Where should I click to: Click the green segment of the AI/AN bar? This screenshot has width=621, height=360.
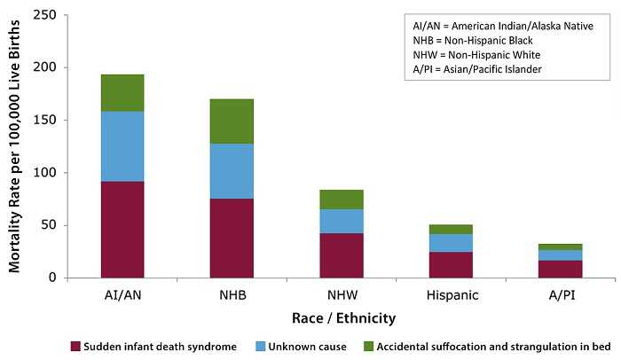[x=122, y=93]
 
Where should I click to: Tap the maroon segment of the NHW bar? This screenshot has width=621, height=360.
[x=342, y=255]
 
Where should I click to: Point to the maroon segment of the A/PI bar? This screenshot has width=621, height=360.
[x=561, y=269]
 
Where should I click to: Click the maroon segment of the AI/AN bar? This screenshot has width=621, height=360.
[x=122, y=230]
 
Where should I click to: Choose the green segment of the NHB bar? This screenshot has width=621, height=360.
[x=232, y=121]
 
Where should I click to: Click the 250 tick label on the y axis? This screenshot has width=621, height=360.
[x=43, y=15]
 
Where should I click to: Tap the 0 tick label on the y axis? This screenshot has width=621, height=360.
[x=51, y=278]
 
